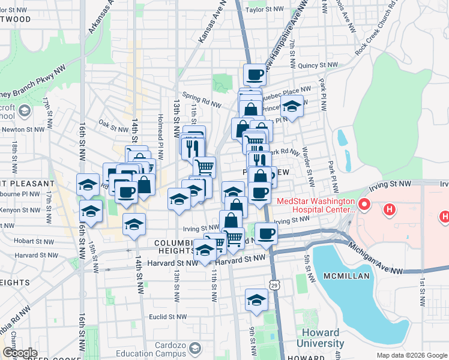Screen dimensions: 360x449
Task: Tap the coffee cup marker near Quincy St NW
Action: point(255,75)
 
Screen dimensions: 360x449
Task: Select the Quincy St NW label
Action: point(321,65)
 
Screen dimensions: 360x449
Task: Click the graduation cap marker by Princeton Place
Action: point(292,108)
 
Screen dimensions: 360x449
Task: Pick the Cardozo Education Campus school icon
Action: point(194,348)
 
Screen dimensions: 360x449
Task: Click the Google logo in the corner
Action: point(20,353)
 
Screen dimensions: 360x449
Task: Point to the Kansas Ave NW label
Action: point(211,24)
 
